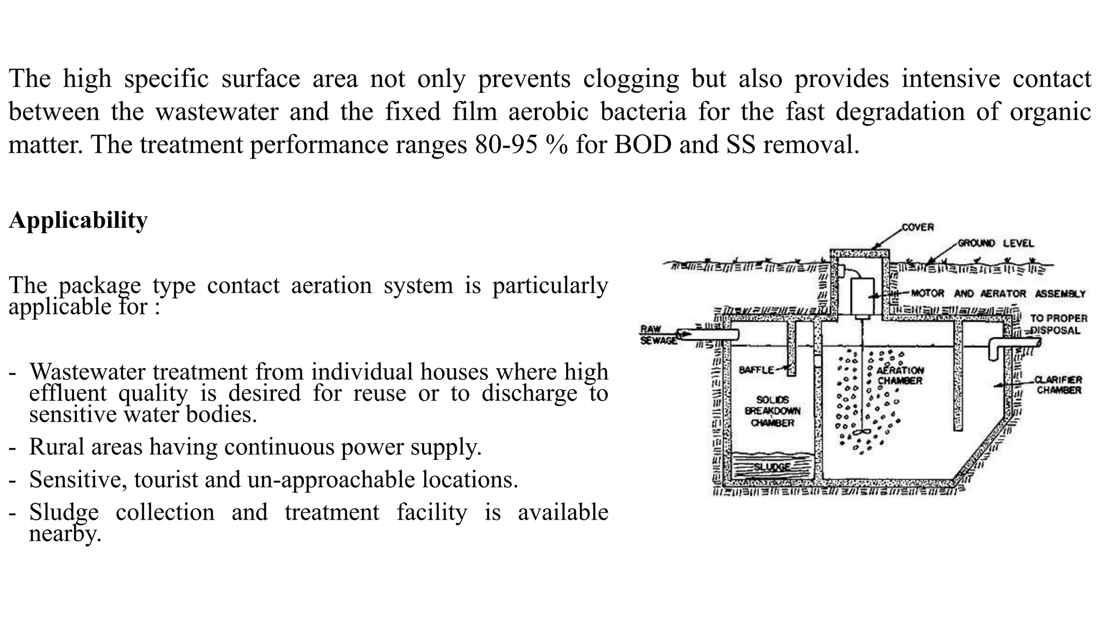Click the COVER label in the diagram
[x=917, y=227]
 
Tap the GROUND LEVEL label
[x=996, y=243]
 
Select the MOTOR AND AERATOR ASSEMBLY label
[x=998, y=294]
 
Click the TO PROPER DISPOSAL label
[x=1058, y=325]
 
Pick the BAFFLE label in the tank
[x=756, y=370]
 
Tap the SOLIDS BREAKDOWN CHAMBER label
[x=772, y=411]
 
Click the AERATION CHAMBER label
[x=900, y=376]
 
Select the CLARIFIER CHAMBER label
[x=1059, y=385]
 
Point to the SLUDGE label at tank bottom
[x=772, y=467]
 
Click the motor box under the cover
[x=862, y=297]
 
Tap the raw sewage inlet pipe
[x=707, y=334]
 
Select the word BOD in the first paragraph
[x=642, y=145]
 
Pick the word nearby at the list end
[x=65, y=534]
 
